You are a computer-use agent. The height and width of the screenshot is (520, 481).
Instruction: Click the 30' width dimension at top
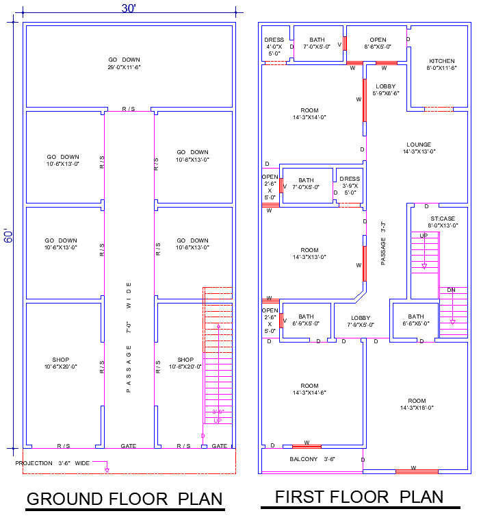tap(129, 8)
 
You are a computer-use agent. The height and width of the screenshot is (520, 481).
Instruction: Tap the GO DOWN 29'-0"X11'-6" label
tap(124, 64)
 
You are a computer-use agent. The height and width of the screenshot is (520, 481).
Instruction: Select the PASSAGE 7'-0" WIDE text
tap(129, 336)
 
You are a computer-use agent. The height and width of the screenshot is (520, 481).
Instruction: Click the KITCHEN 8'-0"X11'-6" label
tap(442, 64)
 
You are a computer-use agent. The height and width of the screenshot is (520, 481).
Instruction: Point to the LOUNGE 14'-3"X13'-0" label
tap(419, 148)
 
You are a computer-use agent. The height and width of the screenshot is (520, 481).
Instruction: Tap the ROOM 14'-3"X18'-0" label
tap(417, 404)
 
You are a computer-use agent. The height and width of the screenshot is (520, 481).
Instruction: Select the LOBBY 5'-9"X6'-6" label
tap(385, 89)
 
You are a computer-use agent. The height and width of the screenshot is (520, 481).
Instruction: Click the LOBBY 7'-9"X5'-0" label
tap(361, 321)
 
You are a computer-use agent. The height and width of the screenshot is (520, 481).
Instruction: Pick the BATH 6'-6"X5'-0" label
tap(416, 319)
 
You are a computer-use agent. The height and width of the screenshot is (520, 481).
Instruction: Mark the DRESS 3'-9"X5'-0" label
tap(350, 186)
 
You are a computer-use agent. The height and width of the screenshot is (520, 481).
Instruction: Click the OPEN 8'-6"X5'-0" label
tap(378, 43)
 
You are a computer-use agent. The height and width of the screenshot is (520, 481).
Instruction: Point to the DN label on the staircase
tap(452, 290)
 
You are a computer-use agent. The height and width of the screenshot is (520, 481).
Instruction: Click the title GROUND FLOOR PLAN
tap(124, 499)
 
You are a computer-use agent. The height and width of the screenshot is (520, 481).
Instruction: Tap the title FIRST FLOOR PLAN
tap(359, 497)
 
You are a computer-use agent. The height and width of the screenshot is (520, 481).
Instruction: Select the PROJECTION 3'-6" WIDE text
tap(53, 463)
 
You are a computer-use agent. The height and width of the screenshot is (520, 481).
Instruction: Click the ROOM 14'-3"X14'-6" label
tap(309, 389)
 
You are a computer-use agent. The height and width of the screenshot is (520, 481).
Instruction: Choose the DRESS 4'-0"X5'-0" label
tap(274, 46)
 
